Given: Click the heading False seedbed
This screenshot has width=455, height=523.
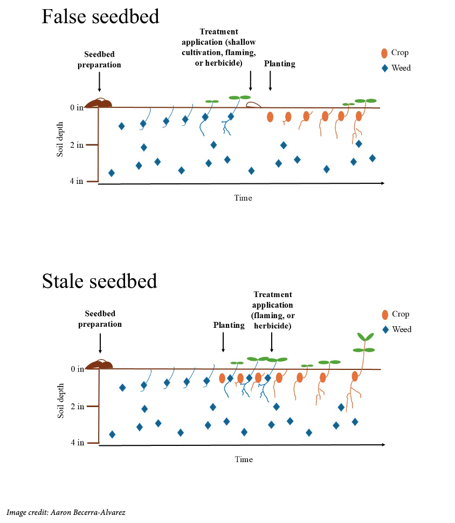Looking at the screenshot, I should [x=100, y=17].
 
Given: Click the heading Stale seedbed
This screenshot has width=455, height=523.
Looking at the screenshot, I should [x=100, y=281].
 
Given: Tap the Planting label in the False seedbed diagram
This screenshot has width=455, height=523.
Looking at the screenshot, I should [x=279, y=64].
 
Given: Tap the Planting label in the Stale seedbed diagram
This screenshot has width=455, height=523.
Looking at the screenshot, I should [x=229, y=325].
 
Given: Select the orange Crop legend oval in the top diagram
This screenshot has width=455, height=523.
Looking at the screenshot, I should [x=384, y=53].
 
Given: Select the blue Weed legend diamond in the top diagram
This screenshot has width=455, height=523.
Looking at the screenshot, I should [x=384, y=68].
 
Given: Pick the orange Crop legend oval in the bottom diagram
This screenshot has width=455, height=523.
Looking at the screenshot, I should [x=385, y=315].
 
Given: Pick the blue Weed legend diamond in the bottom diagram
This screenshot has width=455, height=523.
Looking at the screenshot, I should [x=385, y=329].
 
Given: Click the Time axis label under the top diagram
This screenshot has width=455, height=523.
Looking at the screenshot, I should [x=243, y=198].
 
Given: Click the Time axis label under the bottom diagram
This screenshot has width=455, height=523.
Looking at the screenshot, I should [x=244, y=459].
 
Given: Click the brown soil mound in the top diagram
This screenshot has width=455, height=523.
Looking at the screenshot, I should [x=100, y=103].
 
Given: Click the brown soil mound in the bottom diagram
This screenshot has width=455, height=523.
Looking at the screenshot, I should [x=101, y=364].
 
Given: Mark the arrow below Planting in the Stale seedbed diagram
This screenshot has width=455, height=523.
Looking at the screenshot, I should [x=223, y=342].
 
